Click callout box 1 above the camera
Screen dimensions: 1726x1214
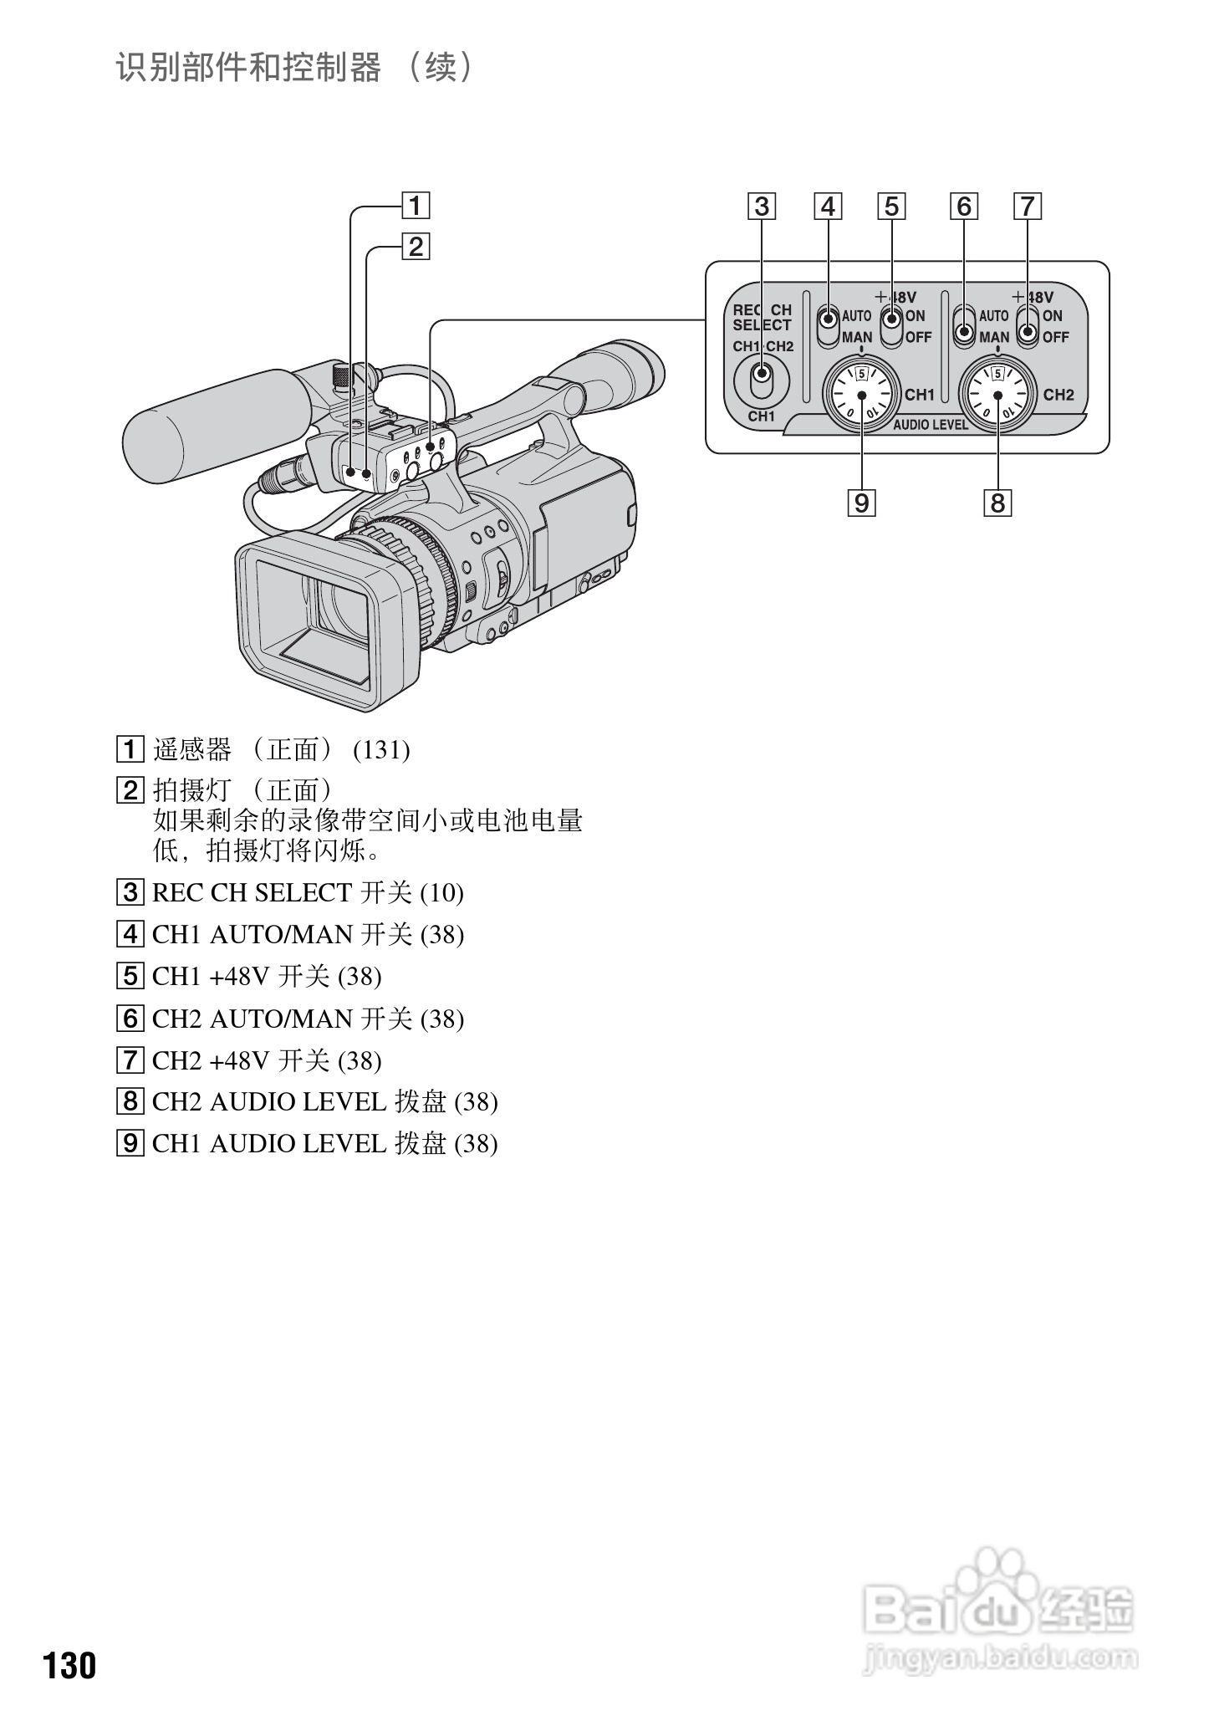tap(416, 206)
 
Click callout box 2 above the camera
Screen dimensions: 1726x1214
tap(416, 247)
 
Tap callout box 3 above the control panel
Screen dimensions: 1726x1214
tap(762, 206)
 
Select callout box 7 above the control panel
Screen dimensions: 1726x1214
tap(1028, 206)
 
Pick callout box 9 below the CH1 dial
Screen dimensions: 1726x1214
tap(861, 503)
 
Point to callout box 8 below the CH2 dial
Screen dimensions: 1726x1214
tap(997, 503)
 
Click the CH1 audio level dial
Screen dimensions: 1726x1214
tap(861, 395)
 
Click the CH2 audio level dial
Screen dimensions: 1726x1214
tap(998, 395)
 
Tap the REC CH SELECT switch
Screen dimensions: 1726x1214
tap(761, 380)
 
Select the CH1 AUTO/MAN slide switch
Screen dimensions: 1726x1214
tap(828, 326)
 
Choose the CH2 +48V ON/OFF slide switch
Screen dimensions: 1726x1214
tap(1028, 326)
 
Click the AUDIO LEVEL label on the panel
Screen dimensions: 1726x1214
tap(930, 425)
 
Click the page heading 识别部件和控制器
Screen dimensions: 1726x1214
tap(248, 68)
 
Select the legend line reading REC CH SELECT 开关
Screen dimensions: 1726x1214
tap(307, 893)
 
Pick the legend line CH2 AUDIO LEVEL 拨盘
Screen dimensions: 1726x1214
tap(324, 1102)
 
